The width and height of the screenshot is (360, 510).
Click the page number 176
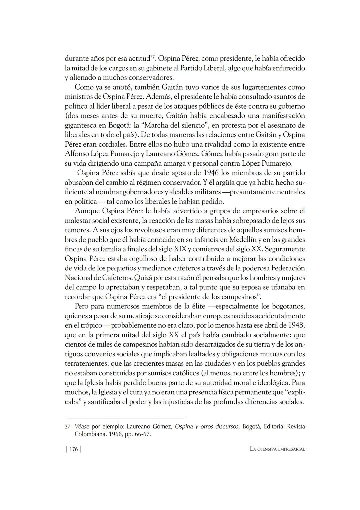click(73, 449)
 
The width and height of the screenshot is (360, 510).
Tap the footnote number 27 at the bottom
click(67, 427)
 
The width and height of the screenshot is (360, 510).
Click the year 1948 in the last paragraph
click(296, 325)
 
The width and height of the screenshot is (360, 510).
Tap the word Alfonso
click(77, 154)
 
